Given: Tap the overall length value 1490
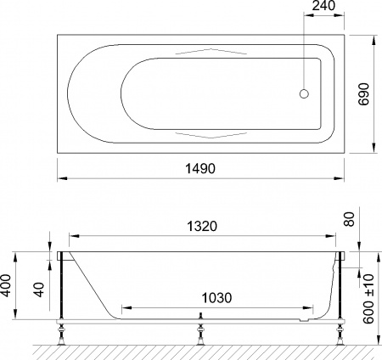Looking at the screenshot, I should pos(199,170).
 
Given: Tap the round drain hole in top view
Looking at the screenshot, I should pos(306,95).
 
